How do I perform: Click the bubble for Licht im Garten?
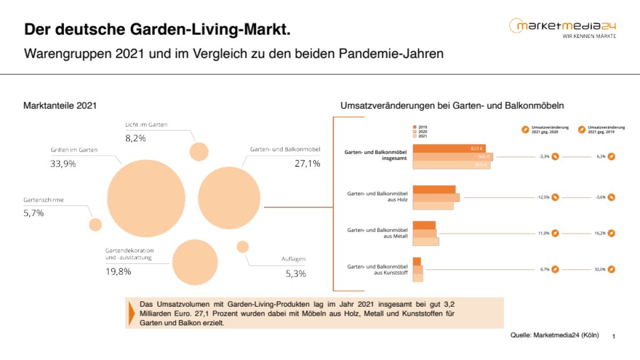point(199,151)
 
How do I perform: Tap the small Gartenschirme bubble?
point(95,225)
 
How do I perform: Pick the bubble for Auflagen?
point(243,246)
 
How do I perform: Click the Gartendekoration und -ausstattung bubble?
point(195,262)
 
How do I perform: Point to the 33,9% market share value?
point(63,164)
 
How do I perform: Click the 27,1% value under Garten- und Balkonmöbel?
point(307,164)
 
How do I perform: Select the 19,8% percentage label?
point(118,271)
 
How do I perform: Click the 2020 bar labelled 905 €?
point(452,157)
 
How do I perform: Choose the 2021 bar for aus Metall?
point(426,242)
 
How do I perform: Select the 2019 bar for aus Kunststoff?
point(417,261)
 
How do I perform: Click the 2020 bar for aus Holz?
point(436,197)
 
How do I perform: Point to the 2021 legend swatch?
point(415,136)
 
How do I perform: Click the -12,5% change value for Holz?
point(543,197)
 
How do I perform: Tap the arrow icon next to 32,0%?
point(611,269)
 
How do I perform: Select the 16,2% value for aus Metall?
point(599,233)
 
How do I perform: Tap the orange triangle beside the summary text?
point(131,313)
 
